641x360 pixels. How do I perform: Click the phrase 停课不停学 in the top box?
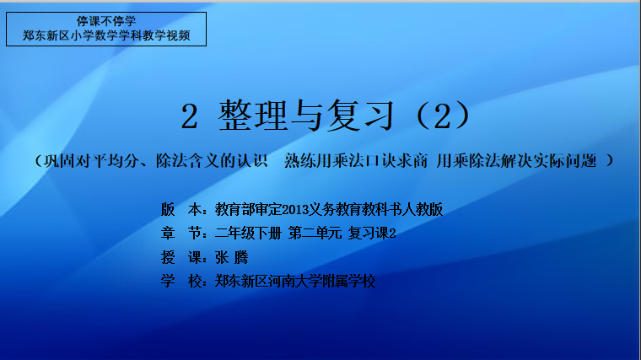click(106, 21)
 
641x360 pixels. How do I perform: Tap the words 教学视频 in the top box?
click(166, 35)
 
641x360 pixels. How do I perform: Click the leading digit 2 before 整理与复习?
click(189, 116)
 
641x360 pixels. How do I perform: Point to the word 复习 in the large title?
click(361, 116)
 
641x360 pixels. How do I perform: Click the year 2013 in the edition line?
click(295, 210)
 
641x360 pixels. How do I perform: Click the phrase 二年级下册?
click(248, 234)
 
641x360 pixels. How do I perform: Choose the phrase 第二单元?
click(315, 234)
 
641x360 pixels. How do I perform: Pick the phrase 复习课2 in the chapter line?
click(372, 234)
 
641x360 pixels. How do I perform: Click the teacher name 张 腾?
click(231, 257)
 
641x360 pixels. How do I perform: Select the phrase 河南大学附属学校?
click(321, 281)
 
